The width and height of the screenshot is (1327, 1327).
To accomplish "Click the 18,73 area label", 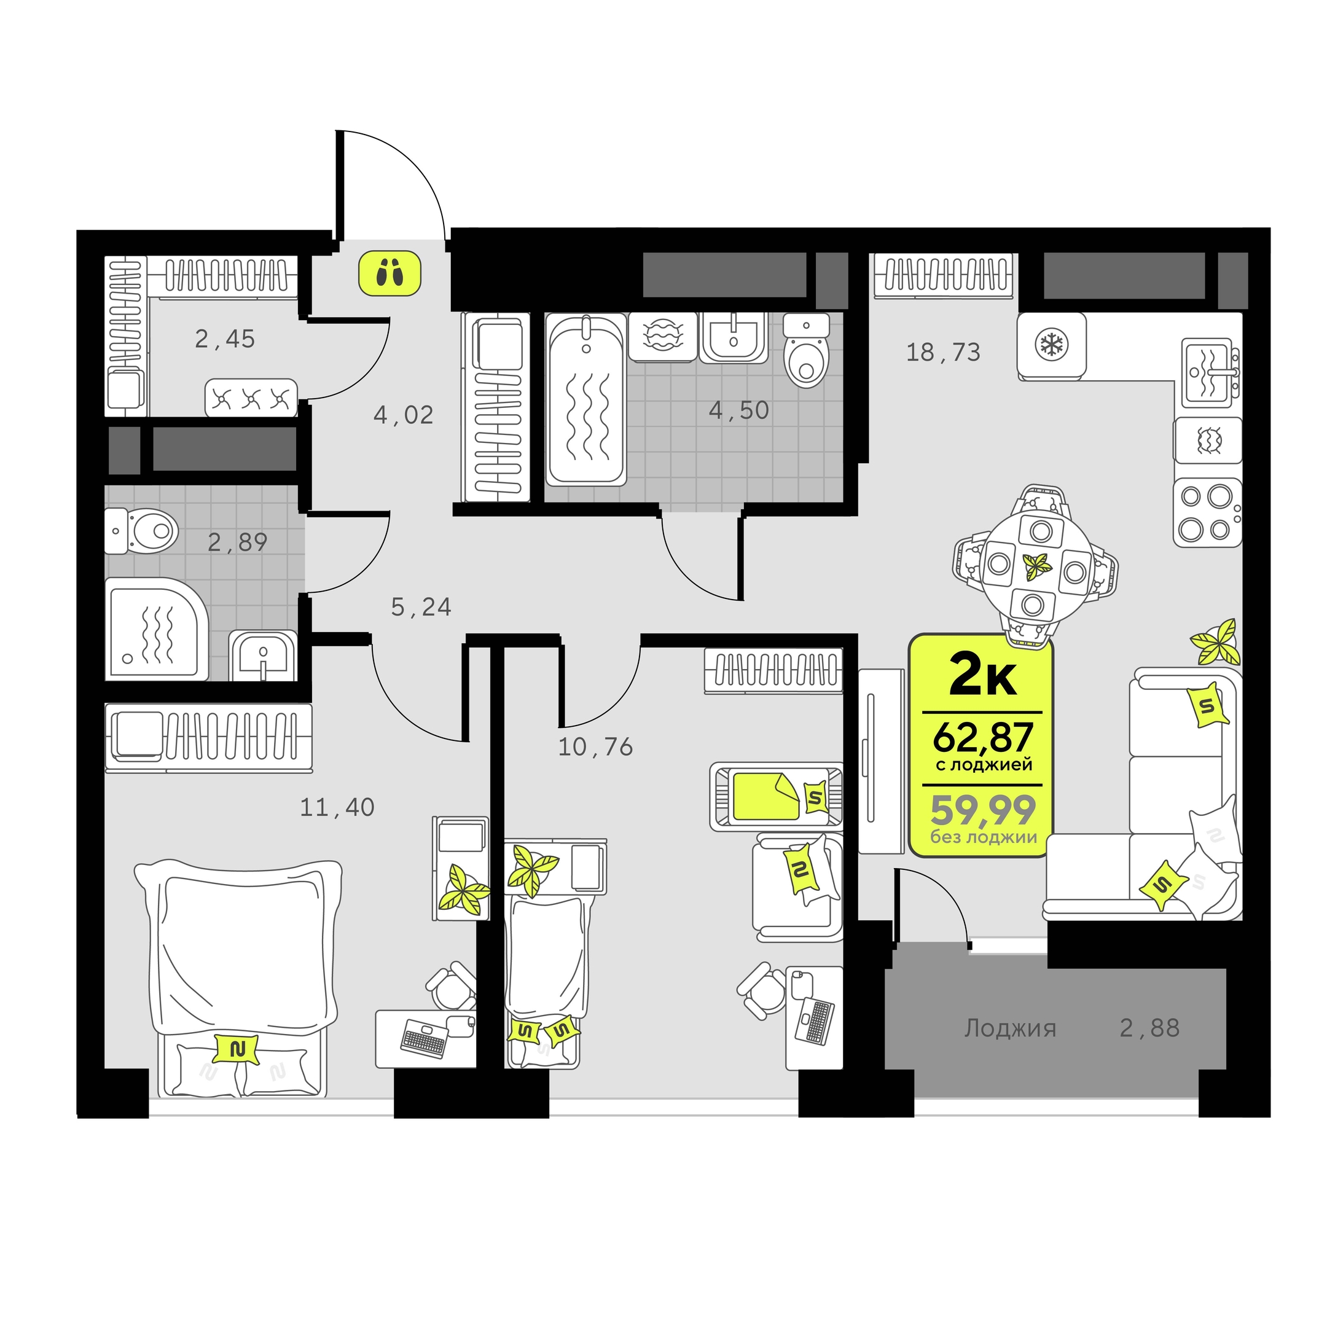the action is click(x=943, y=353).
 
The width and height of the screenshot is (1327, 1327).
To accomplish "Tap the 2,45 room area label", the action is click(x=225, y=339).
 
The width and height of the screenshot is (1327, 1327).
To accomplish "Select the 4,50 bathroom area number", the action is click(x=738, y=411).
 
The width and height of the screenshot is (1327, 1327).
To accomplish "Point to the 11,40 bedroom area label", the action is click(x=337, y=808).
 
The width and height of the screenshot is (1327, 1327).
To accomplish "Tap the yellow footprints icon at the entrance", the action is click(x=389, y=273).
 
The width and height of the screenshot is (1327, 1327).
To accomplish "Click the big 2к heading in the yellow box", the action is click(x=982, y=675).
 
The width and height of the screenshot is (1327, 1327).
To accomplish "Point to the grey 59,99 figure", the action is click(x=983, y=810).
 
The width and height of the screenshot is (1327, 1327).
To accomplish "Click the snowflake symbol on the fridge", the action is click(x=1050, y=344).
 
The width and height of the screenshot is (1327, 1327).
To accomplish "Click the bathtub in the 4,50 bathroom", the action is click(x=586, y=400).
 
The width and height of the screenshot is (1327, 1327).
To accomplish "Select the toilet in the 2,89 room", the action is click(x=142, y=531).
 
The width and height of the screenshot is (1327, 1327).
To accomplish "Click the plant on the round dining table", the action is click(x=1036, y=566).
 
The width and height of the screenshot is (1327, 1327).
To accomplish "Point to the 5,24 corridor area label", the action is click(x=421, y=607).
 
